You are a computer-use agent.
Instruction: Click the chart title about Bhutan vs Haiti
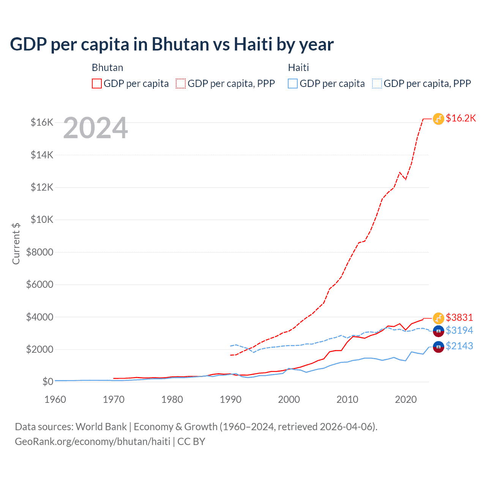pyautogui.click(x=172, y=44)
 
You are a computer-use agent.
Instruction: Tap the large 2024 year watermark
pyautogui.click(x=95, y=128)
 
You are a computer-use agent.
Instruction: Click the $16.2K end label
pyautogui.click(x=461, y=118)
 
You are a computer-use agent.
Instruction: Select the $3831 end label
pyautogui.click(x=459, y=317)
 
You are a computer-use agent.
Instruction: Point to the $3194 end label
pyautogui.click(x=459, y=330)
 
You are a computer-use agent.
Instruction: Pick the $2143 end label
pyautogui.click(x=459, y=346)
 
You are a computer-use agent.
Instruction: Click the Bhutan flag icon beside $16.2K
pyautogui.click(x=439, y=119)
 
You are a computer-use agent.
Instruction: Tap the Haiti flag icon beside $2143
pyautogui.click(x=439, y=347)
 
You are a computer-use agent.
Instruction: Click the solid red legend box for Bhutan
pyautogui.click(x=97, y=84)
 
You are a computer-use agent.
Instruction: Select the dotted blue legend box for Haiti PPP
pyautogui.click(x=377, y=84)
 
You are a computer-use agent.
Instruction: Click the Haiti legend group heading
pyautogui.click(x=298, y=68)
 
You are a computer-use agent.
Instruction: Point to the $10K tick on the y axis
pyautogui.click(x=42, y=219)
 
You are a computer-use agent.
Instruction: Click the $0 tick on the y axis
pyautogui.click(x=48, y=381)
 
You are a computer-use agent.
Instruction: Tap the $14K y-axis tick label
pyautogui.click(x=42, y=155)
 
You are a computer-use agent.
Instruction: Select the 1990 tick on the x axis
pyautogui.click(x=230, y=399)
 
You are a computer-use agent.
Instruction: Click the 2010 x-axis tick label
pyautogui.click(x=347, y=399)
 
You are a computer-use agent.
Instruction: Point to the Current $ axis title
pyautogui.click(x=16, y=243)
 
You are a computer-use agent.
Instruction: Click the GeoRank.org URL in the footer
pyautogui.click(x=93, y=442)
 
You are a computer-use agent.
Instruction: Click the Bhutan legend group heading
pyautogui.click(x=107, y=68)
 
